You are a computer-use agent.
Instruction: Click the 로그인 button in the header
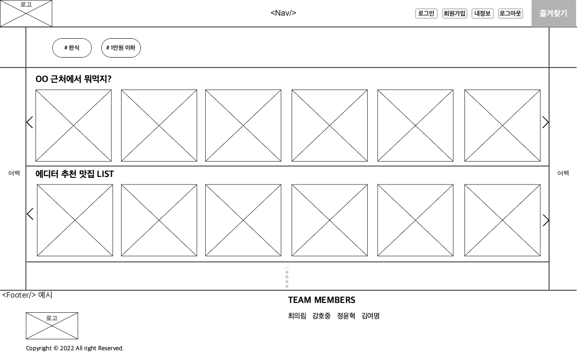(x=426, y=13)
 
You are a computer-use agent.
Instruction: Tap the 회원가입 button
(x=455, y=13)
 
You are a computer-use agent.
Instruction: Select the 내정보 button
(x=482, y=13)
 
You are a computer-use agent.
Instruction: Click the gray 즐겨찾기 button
(x=554, y=13)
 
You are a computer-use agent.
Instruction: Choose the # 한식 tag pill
(x=72, y=48)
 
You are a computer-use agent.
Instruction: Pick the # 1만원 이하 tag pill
(x=121, y=48)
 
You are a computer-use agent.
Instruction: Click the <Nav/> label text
(x=283, y=13)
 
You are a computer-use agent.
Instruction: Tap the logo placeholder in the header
(x=26, y=13)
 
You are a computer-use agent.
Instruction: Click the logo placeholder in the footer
(x=52, y=325)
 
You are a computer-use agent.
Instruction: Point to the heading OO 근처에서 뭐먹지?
(x=73, y=79)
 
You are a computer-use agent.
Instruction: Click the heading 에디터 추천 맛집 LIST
(x=75, y=174)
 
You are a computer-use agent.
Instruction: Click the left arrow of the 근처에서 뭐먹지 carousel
(x=30, y=122)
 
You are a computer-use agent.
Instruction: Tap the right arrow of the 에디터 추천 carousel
(x=546, y=220)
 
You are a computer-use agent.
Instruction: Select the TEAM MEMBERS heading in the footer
(x=321, y=300)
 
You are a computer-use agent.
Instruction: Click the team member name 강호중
(x=321, y=316)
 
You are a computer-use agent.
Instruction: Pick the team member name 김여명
(x=370, y=316)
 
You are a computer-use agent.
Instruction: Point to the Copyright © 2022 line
(x=75, y=348)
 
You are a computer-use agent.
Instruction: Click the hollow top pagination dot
(x=287, y=268)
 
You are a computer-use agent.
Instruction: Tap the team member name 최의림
(x=297, y=316)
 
